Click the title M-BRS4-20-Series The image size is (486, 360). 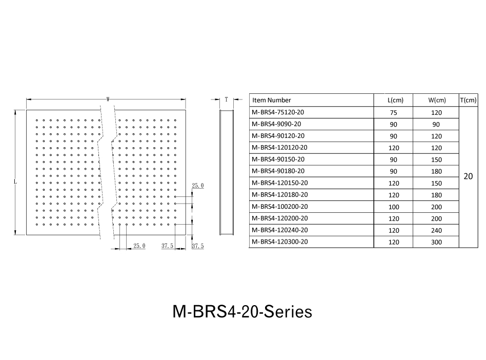(x=242, y=312)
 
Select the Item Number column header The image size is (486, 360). (x=272, y=100)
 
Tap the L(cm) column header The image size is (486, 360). (x=395, y=100)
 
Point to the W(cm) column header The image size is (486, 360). (x=437, y=100)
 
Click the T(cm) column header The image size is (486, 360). (x=468, y=100)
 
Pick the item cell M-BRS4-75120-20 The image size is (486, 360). (x=278, y=112)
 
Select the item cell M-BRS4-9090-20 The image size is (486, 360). (x=276, y=124)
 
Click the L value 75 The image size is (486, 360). (x=394, y=112)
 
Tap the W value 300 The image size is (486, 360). (x=436, y=242)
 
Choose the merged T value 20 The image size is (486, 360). (x=468, y=176)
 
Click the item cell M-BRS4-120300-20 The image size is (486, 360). (x=279, y=242)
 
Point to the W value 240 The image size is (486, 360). (x=436, y=230)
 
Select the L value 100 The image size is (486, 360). (x=394, y=207)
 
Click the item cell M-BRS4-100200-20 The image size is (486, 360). (x=279, y=207)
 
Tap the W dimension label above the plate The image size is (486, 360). (x=108, y=99)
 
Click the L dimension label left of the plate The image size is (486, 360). (x=15, y=182)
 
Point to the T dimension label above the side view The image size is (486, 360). (x=226, y=99)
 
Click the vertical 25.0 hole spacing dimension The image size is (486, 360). (x=198, y=186)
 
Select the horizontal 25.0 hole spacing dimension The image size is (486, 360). (x=139, y=246)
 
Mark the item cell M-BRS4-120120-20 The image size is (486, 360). (x=279, y=148)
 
